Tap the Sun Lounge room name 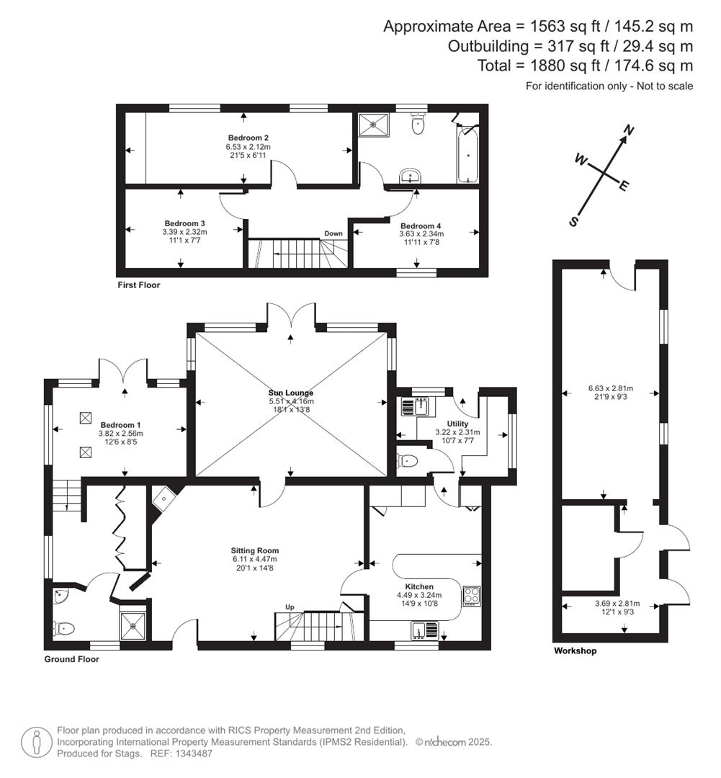[x=291, y=393]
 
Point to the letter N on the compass [x=629, y=130]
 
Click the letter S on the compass [x=574, y=222]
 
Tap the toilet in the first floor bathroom [x=418, y=125]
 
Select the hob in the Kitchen [x=471, y=596]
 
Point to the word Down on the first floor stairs [x=333, y=233]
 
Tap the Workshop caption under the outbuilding [x=575, y=651]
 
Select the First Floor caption [x=139, y=285]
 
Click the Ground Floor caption [x=71, y=659]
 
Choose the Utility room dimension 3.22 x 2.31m [x=457, y=432]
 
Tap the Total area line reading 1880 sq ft [x=585, y=66]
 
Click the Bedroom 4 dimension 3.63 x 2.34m [x=421, y=233]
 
